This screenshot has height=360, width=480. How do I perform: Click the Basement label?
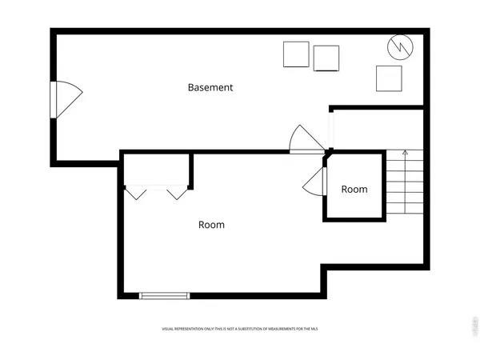point(210,87)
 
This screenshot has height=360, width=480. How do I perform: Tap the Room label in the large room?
point(211,225)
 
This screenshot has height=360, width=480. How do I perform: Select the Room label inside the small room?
point(354,190)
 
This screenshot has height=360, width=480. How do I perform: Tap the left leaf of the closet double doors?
point(135,193)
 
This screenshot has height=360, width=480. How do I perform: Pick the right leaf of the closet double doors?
point(177,193)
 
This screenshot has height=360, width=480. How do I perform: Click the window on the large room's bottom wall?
point(164,296)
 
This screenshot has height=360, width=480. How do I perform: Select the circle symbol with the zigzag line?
point(398,47)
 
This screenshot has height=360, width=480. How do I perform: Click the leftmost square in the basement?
point(296,54)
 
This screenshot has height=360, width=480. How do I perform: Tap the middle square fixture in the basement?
point(326,58)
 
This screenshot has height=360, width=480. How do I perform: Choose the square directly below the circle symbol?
point(389,78)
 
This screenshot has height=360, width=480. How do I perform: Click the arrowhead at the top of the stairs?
point(405,152)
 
